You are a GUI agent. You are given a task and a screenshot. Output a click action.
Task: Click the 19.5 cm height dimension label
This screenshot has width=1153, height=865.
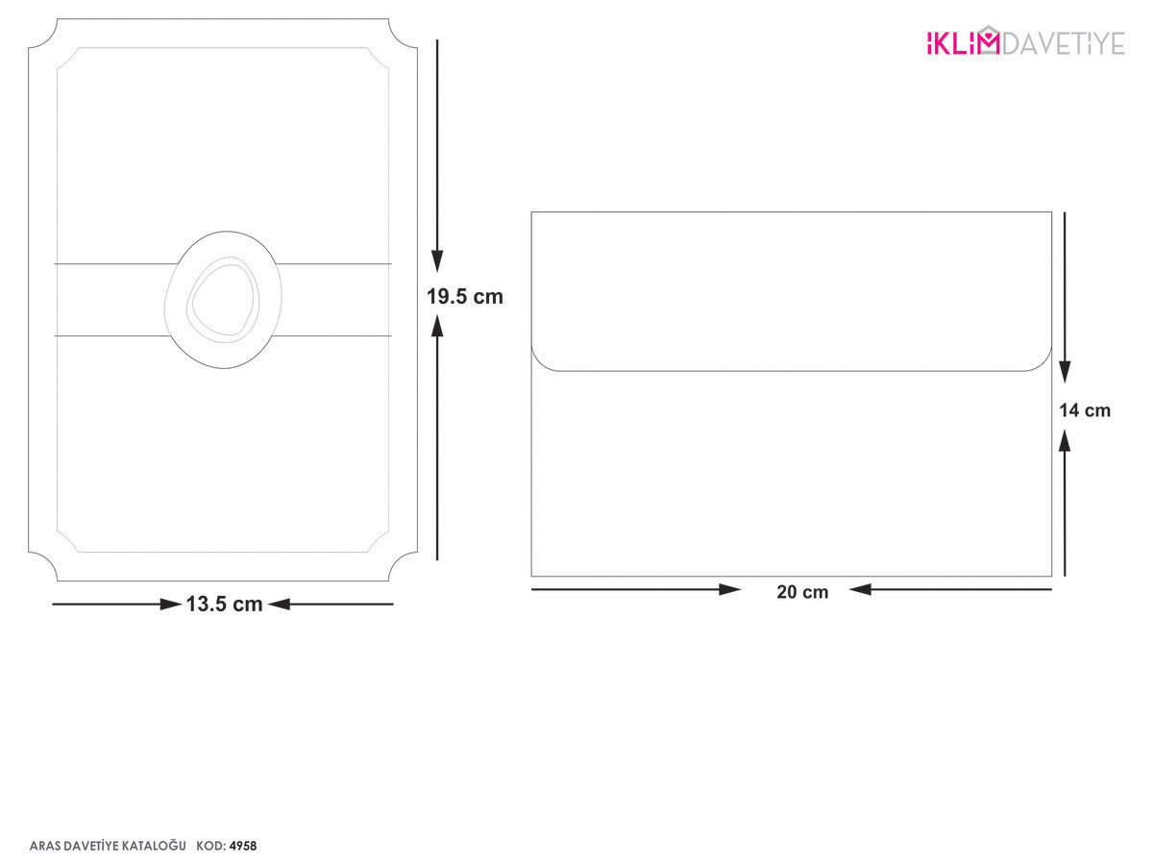[464, 297]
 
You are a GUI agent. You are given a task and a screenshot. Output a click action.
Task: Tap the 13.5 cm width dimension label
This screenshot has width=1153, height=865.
[224, 604]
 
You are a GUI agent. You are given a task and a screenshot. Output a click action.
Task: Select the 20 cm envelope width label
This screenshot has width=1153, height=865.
[802, 592]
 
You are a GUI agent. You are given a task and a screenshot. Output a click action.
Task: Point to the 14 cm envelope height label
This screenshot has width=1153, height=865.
[1085, 410]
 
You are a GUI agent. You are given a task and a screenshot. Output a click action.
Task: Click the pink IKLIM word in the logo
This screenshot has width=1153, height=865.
[963, 43]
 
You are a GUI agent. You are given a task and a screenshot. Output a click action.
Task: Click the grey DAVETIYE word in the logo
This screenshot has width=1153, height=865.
[1064, 43]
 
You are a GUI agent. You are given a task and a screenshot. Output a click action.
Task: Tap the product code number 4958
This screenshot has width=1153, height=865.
[243, 846]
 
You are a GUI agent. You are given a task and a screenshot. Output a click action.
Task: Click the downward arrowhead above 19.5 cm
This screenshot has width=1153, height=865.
[437, 261]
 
